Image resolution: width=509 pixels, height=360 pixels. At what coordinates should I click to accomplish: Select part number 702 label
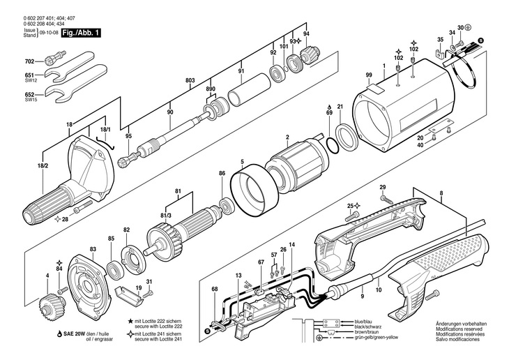tap(29, 61)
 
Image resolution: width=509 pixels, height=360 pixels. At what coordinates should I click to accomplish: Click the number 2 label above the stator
tap(287, 137)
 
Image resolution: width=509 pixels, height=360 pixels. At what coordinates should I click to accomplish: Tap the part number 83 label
tap(93, 248)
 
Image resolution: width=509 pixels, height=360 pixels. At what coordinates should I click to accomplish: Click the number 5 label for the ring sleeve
tap(242, 163)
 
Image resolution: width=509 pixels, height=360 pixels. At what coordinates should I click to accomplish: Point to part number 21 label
tap(340, 107)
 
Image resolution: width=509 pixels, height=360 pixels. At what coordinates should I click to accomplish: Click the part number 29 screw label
tap(382, 188)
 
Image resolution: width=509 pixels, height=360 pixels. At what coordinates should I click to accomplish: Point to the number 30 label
tap(459, 27)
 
